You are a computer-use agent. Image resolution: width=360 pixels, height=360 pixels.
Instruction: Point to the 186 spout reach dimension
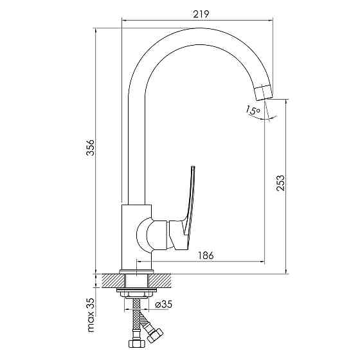point(205,255)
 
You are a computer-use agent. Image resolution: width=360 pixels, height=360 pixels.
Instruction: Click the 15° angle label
point(252,111)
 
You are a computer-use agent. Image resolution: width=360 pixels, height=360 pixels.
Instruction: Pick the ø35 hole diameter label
point(163,304)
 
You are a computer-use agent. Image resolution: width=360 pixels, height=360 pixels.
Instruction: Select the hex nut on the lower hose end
point(154,334)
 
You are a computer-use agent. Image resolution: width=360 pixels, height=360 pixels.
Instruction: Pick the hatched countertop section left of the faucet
point(107,280)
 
